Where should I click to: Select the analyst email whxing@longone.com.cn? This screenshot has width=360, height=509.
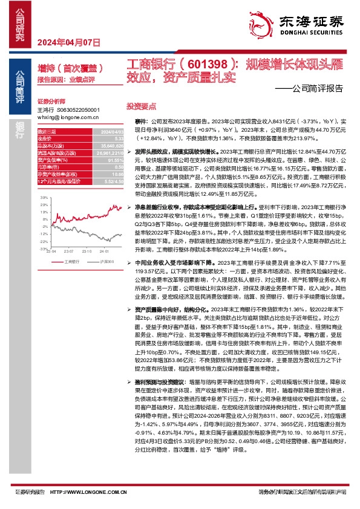point(67,117)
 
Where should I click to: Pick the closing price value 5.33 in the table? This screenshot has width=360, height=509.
point(119,138)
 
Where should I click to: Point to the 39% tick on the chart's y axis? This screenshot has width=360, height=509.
point(44,197)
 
